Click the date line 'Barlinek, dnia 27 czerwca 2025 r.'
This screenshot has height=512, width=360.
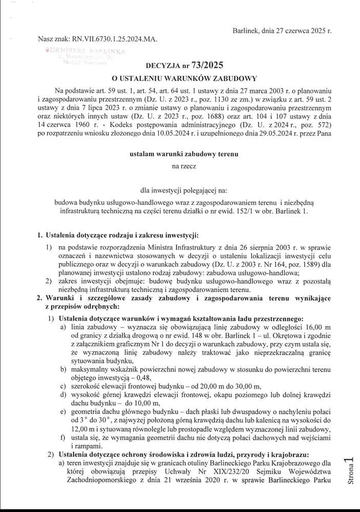[x=282, y=31]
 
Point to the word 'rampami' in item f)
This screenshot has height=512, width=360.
[x=76, y=446]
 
